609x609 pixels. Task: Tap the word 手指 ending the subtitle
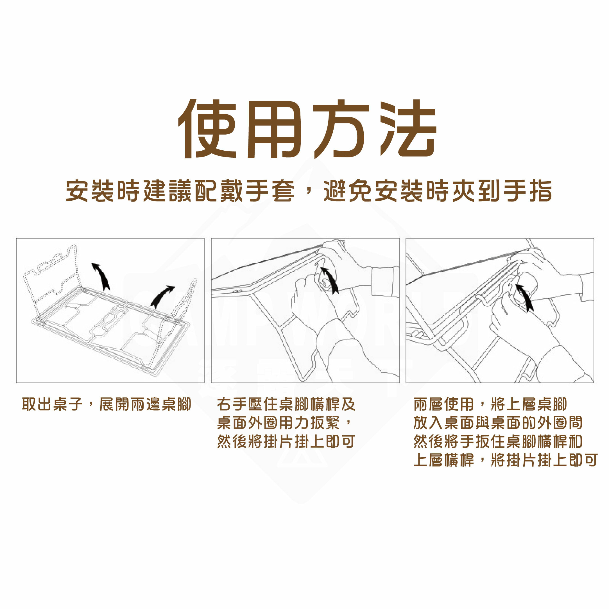pyautogui.click(x=527, y=191)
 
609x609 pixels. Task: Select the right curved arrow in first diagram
pyautogui.click(x=161, y=296)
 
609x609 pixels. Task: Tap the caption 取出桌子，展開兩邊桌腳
pyautogui.click(x=107, y=404)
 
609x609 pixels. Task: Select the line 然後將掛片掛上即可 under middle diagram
pyautogui.click(x=286, y=442)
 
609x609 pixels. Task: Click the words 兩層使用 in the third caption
pyautogui.click(x=443, y=404)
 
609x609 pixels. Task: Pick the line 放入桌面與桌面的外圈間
pyautogui.click(x=498, y=423)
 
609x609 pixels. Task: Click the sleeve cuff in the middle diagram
pyautogui.click(x=384, y=282)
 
